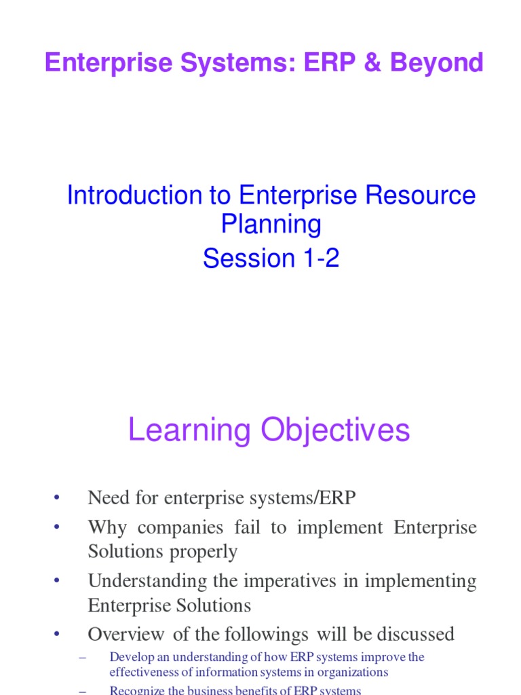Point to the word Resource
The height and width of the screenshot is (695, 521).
[421, 195]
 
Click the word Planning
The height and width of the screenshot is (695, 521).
[271, 224]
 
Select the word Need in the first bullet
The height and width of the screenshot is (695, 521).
[106, 498]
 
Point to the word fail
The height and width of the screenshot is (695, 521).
[248, 528]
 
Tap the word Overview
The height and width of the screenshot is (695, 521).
[126, 635]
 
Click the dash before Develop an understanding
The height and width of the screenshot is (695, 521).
[83, 657]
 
